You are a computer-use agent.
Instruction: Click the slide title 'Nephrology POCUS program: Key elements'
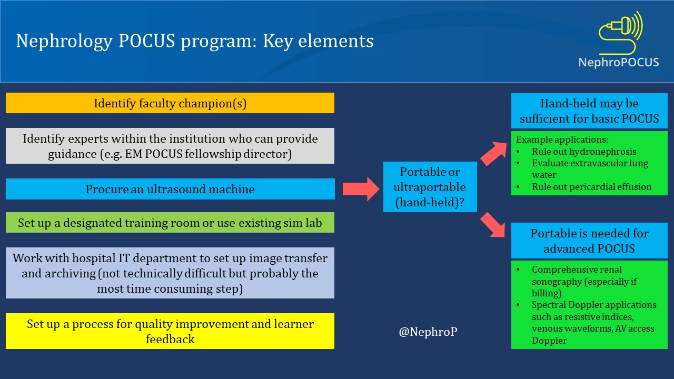click(x=195, y=41)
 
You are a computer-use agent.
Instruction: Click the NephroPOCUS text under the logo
click(x=619, y=63)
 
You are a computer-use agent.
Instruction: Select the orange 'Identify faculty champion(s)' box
click(x=170, y=103)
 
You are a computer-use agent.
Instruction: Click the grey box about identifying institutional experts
click(x=170, y=146)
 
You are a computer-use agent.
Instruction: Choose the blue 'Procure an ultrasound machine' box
click(x=170, y=189)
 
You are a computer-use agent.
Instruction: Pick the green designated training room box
click(x=170, y=223)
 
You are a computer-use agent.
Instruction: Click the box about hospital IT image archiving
click(x=170, y=273)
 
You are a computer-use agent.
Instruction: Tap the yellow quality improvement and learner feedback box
click(x=170, y=331)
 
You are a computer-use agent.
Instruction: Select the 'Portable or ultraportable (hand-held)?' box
click(x=430, y=187)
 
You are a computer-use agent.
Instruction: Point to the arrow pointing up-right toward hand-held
click(x=494, y=153)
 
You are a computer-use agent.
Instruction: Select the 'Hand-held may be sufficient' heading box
click(x=589, y=111)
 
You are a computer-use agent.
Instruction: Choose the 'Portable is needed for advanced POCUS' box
click(x=589, y=241)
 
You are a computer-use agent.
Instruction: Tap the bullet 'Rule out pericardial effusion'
click(x=591, y=187)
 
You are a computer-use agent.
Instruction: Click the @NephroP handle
click(x=428, y=333)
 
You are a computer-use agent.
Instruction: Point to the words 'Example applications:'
click(x=562, y=140)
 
